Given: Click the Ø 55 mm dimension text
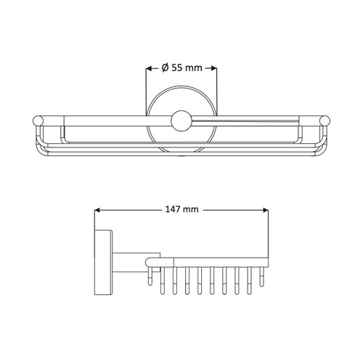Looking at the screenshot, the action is tap(181, 68).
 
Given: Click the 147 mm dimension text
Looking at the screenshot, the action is tap(181, 209).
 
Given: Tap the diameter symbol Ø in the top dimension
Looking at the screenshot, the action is tap(165, 68).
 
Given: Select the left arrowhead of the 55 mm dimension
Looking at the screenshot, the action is tap(149, 68).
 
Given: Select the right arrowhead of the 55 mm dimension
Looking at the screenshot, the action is tap(213, 68).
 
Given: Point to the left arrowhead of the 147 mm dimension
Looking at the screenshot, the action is tap(97, 211).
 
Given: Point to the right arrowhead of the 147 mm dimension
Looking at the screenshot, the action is tap(266, 211).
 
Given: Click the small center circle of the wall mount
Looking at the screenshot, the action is tap(181, 121).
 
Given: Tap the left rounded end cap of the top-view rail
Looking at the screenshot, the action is tap(38, 121).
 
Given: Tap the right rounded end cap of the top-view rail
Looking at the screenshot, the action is tap(325, 121).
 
